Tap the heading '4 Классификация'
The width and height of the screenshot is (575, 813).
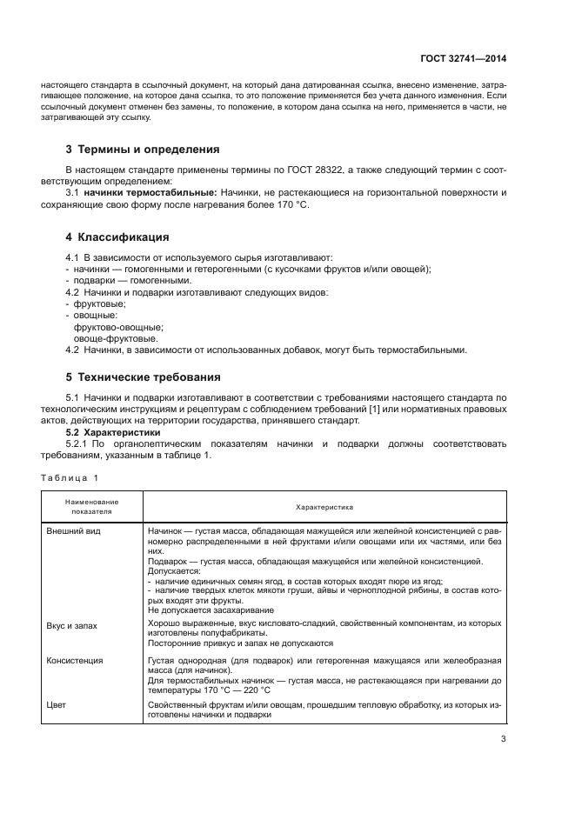pyautogui.click(x=117, y=237)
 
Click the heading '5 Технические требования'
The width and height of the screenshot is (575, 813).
pyautogui.click(x=144, y=377)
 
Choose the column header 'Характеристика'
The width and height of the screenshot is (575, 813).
pyautogui.click(x=324, y=507)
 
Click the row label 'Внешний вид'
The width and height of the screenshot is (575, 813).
pyautogui.click(x=74, y=530)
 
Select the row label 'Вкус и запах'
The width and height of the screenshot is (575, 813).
pyautogui.click(x=76, y=624)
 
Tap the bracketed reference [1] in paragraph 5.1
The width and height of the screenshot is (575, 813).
pyautogui.click(x=402, y=410)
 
